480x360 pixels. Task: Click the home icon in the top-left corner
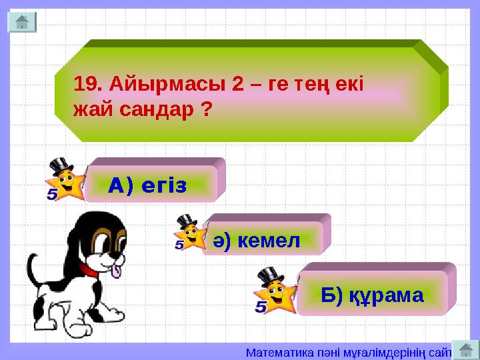pos(21,22)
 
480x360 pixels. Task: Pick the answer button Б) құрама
pos(372,295)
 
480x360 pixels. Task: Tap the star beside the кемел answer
pos(191,235)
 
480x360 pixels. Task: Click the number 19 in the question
pos(87,85)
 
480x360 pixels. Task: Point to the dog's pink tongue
pos(117,271)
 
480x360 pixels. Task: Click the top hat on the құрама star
pos(270,275)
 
